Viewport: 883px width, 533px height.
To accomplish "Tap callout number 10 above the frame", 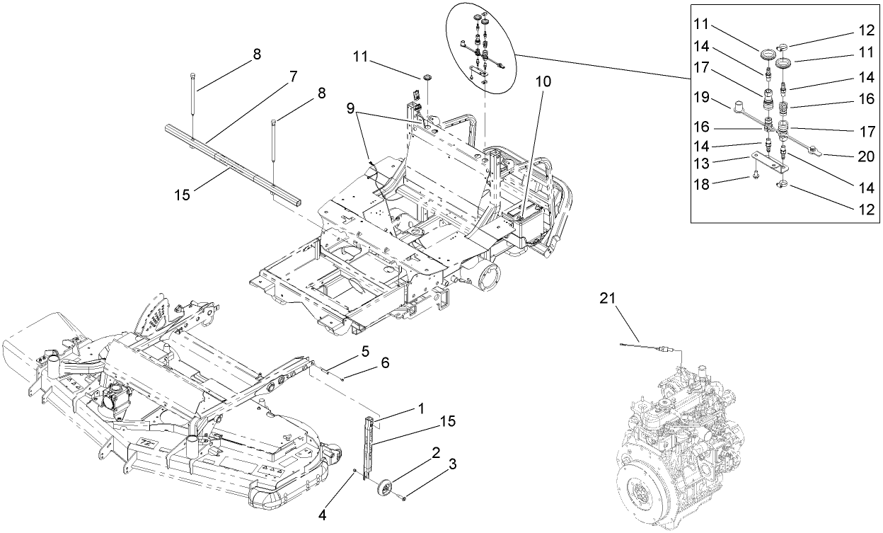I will click(543, 81).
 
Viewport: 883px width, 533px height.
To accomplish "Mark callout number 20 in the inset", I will click(866, 156).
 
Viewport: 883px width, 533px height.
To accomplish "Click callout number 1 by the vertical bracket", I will click(420, 408).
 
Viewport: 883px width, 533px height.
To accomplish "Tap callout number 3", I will click(453, 464).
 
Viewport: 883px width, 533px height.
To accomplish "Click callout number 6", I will click(385, 362).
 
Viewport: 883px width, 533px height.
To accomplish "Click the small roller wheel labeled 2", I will click(386, 486).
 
